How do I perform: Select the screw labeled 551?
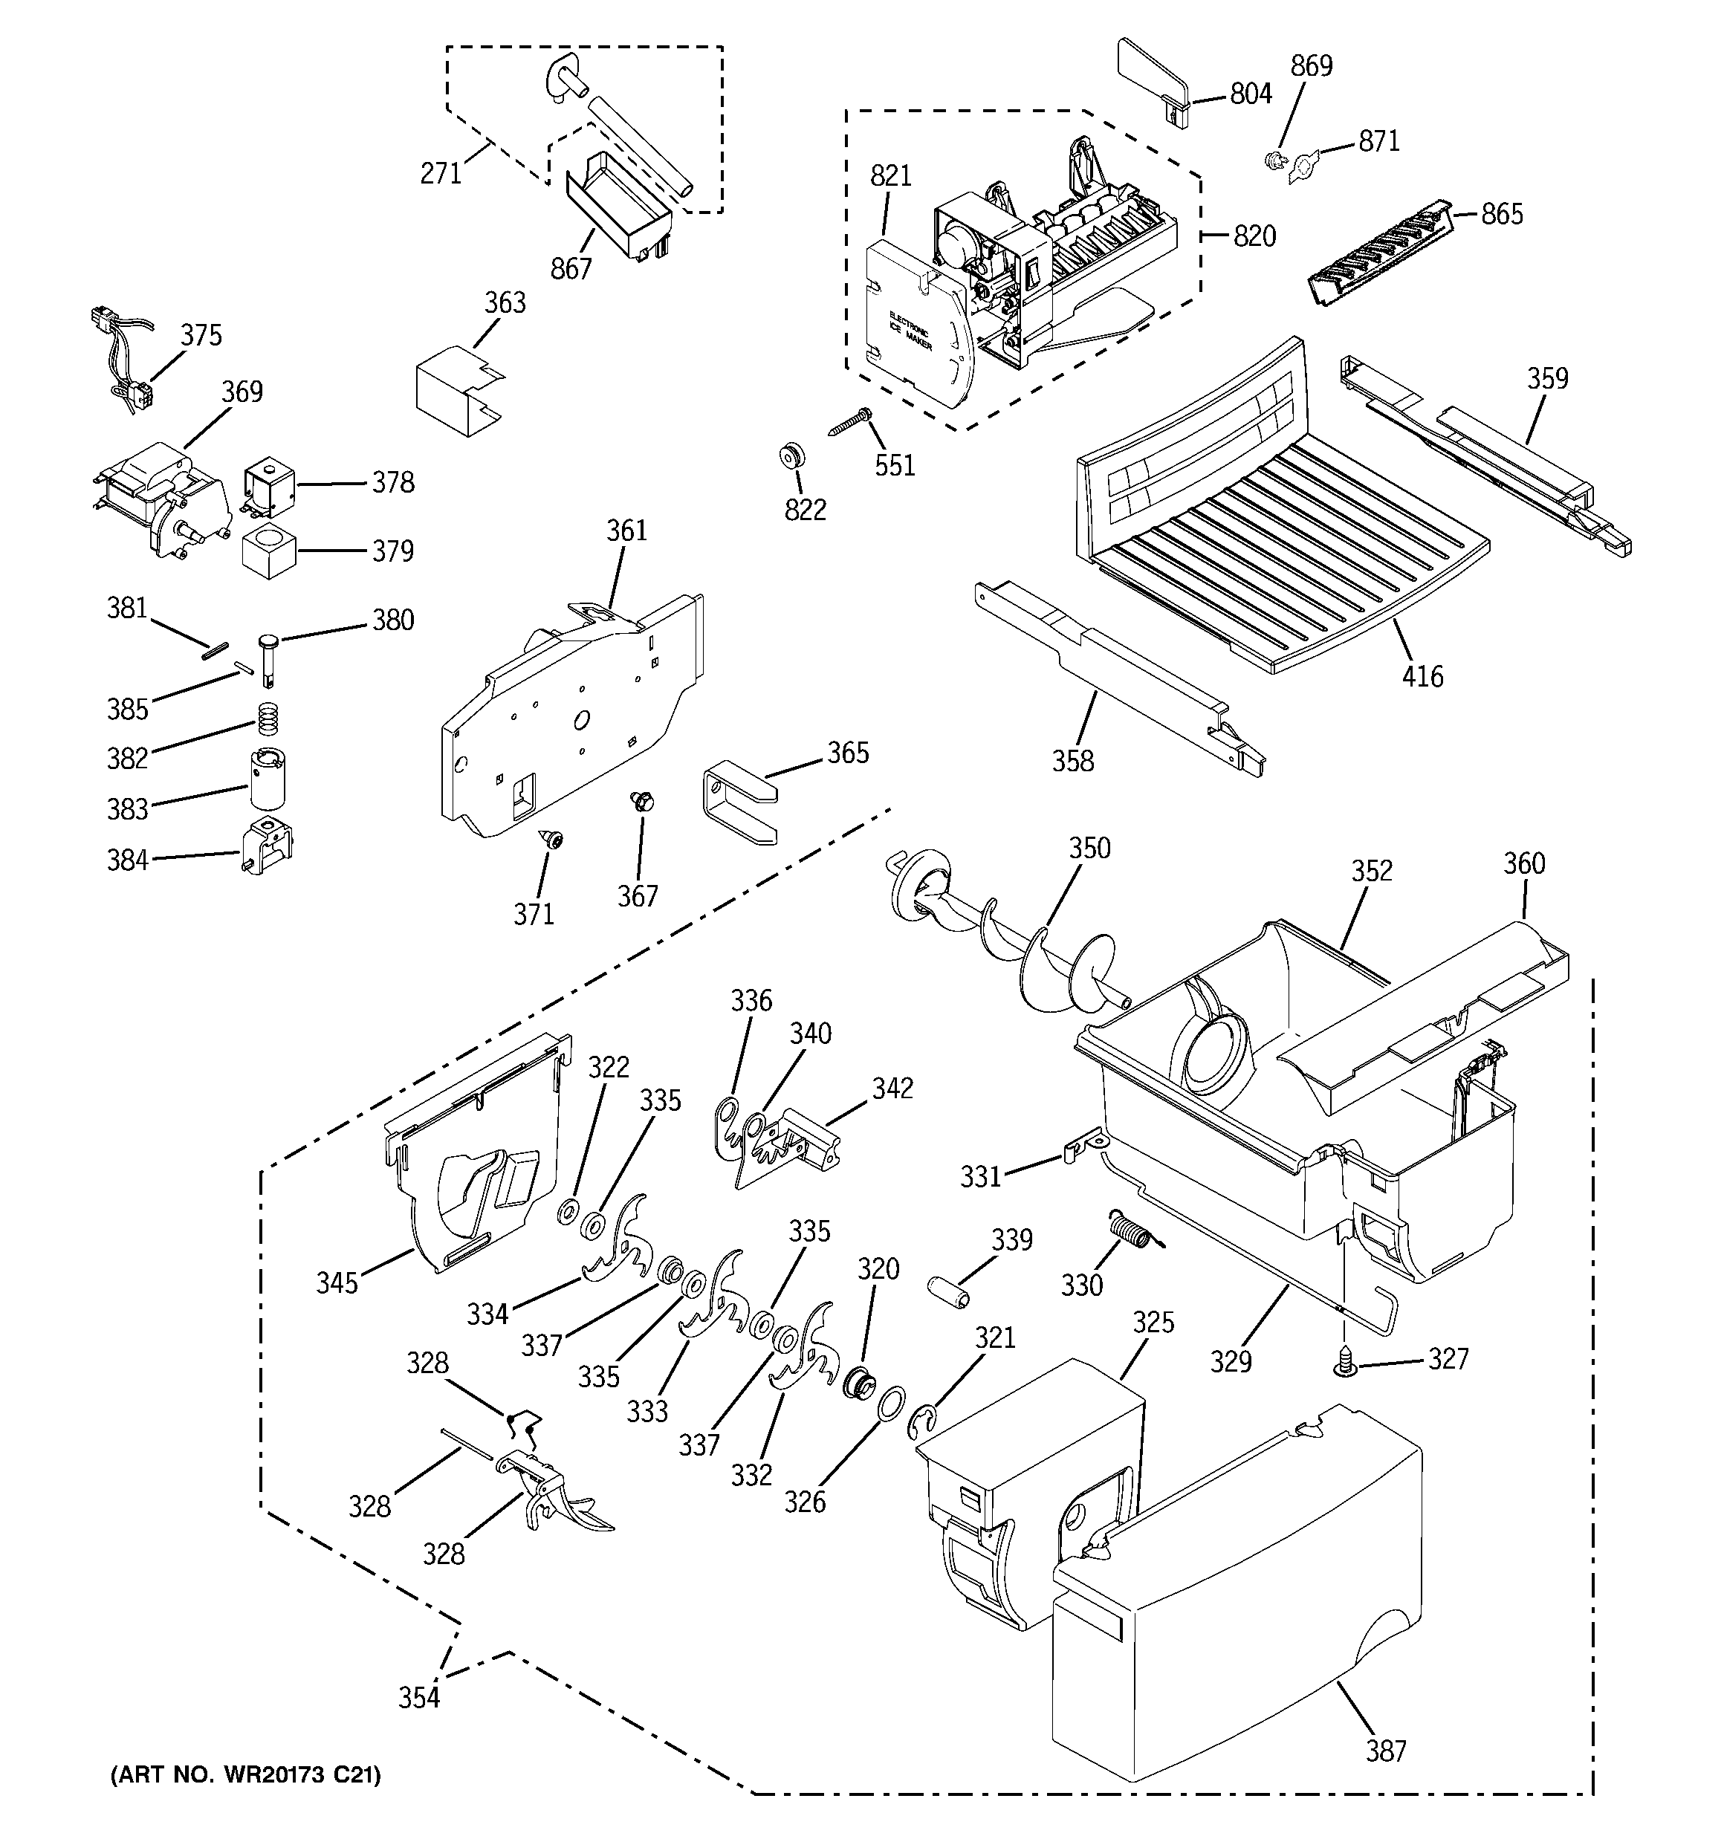click(849, 423)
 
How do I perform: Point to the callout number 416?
click(1422, 676)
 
